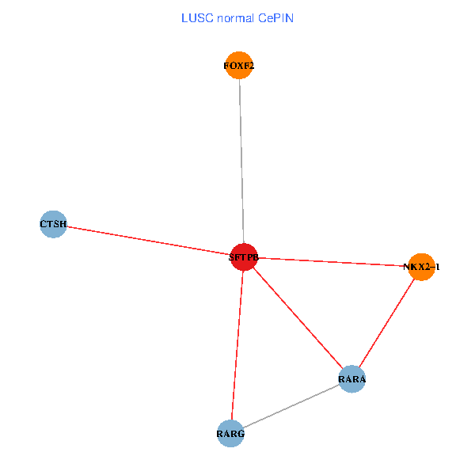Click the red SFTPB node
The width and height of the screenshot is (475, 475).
244,257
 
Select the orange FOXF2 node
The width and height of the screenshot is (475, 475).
239,66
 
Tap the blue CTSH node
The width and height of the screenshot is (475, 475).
52,224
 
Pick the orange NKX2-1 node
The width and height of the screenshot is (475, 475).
421,267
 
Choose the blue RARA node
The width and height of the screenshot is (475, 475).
351,379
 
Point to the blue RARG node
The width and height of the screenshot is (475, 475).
230,434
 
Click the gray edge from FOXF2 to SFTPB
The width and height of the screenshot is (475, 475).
241,158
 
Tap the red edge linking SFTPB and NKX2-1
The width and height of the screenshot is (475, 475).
332,262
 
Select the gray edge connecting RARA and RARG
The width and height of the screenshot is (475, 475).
291,407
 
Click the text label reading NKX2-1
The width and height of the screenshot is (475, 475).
421,268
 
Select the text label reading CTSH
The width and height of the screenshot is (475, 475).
52,225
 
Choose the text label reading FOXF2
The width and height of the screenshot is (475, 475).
239,66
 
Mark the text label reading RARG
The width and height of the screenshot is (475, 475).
230,435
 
